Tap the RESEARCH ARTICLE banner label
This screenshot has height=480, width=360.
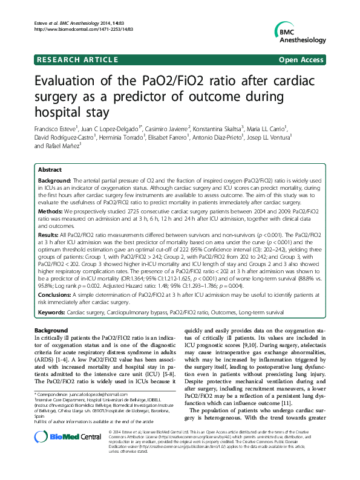tap(77, 59)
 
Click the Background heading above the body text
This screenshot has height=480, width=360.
tap(51, 331)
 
